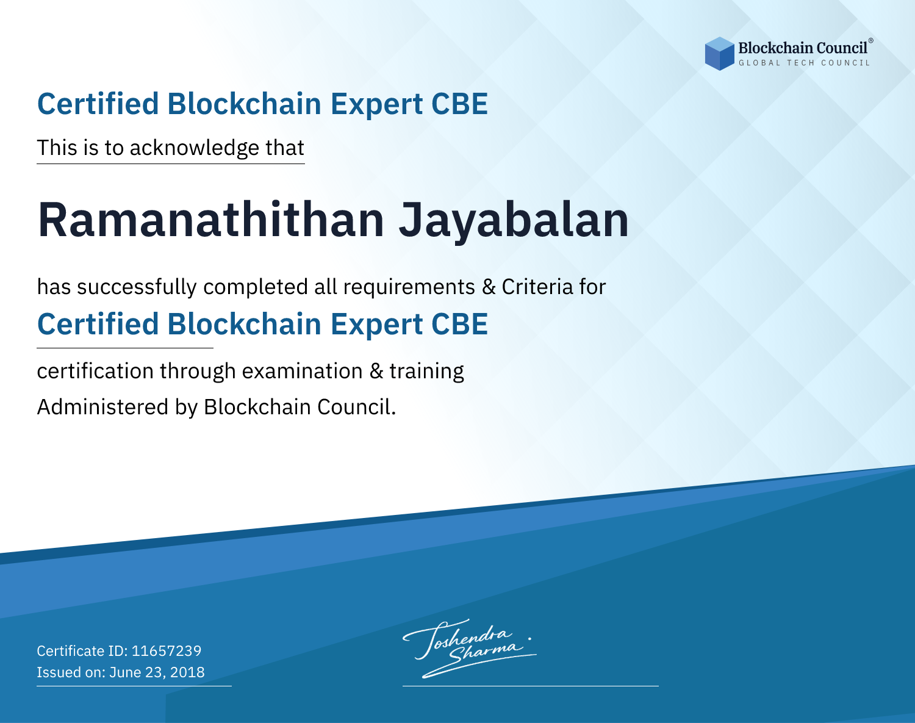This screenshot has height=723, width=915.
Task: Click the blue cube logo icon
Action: pyautogui.click(x=719, y=54)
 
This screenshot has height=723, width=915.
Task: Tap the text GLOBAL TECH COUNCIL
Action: pyautogui.click(x=805, y=63)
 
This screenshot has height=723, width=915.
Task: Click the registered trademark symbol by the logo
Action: pyautogui.click(x=871, y=41)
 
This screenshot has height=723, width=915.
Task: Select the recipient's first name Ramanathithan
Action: pyautogui.click(x=211, y=220)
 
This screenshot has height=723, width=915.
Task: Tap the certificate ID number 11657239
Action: pyautogui.click(x=167, y=650)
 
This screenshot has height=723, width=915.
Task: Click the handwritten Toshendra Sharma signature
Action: pyautogui.click(x=469, y=648)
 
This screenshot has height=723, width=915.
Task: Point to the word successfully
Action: pyautogui.click(x=137, y=287)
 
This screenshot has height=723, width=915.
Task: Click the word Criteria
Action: pyautogui.click(x=537, y=287)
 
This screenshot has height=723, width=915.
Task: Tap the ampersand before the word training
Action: pyautogui.click(x=376, y=371)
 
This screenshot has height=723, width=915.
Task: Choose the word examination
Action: pyautogui.click(x=303, y=371)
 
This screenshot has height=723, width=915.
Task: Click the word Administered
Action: pyautogui.click(x=102, y=406)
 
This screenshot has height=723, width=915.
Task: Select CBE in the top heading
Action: pyautogui.click(x=459, y=104)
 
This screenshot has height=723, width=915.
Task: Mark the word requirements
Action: pyautogui.click(x=409, y=287)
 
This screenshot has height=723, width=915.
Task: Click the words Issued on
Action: pyautogui.click(x=71, y=672)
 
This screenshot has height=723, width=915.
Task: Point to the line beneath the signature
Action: pyautogui.click(x=531, y=686)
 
